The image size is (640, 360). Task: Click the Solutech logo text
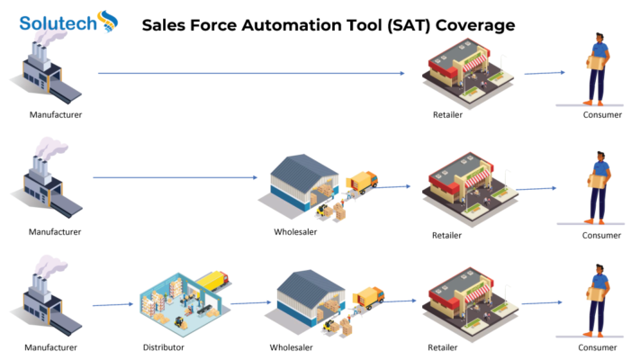58,23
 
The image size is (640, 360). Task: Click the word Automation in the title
311,25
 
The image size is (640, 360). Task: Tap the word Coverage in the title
475,25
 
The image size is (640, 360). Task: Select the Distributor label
163,347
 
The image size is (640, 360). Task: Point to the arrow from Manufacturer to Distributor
113,304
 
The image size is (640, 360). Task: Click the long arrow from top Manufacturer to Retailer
251,74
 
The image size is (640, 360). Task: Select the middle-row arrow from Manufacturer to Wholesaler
176,177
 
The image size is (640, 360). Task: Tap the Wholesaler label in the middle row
295,232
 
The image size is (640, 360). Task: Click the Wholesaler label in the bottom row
291,347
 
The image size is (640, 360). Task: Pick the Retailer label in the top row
447,114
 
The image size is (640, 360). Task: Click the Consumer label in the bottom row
597,347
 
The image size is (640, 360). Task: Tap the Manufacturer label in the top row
56,114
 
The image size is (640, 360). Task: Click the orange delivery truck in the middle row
362,182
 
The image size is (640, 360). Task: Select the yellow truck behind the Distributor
213,280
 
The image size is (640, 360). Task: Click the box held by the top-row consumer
596,62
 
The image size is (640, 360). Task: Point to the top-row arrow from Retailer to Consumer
545,73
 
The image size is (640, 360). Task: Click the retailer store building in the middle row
469,189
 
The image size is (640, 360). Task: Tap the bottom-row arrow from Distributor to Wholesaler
250,303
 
